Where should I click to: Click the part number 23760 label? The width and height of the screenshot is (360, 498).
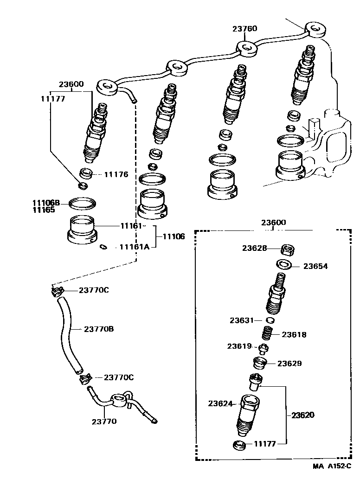[x=244, y=29]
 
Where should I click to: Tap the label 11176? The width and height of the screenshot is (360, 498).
[x=116, y=175]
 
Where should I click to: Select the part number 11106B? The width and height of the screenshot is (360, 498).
[x=46, y=203]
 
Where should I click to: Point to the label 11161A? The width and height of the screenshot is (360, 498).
[x=134, y=247]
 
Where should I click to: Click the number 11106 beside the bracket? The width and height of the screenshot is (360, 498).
[x=174, y=236]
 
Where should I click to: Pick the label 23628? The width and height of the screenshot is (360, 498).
[x=254, y=248]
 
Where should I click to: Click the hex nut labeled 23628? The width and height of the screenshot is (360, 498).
[x=288, y=250]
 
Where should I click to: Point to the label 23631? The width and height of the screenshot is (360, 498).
[x=242, y=320]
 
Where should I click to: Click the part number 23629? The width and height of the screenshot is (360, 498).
[x=289, y=363]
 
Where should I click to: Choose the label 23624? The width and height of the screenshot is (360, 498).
[x=220, y=403]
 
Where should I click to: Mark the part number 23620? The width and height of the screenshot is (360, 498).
[x=303, y=415]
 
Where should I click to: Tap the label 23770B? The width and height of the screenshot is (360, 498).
[x=99, y=329]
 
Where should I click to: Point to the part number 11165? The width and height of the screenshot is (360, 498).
[x=44, y=210]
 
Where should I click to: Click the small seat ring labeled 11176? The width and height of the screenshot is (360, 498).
[x=86, y=174]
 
